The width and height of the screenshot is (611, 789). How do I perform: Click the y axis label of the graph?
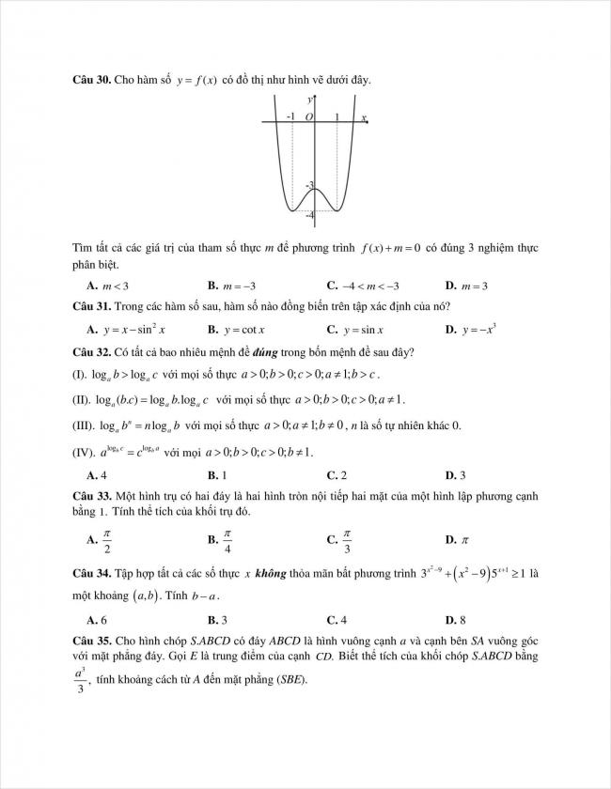click(x=310, y=99)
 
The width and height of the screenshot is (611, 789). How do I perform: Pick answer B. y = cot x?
click(x=236, y=330)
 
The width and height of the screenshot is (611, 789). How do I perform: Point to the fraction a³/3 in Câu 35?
click(x=80, y=681)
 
